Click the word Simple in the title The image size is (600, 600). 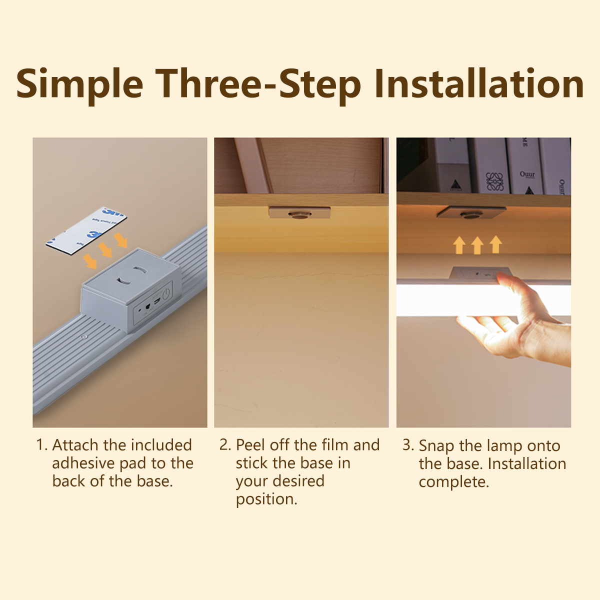coord(79,84)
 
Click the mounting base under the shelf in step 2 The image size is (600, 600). coord(299,213)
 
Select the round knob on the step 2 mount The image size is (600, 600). coord(299,214)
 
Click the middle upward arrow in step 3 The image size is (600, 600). coord(477,245)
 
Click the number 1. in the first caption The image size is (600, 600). coord(41,445)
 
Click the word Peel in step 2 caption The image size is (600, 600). coord(251,445)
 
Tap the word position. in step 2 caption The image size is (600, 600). coord(266,499)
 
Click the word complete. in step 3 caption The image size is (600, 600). coord(453,482)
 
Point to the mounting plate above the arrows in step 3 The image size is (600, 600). coord(471,212)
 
